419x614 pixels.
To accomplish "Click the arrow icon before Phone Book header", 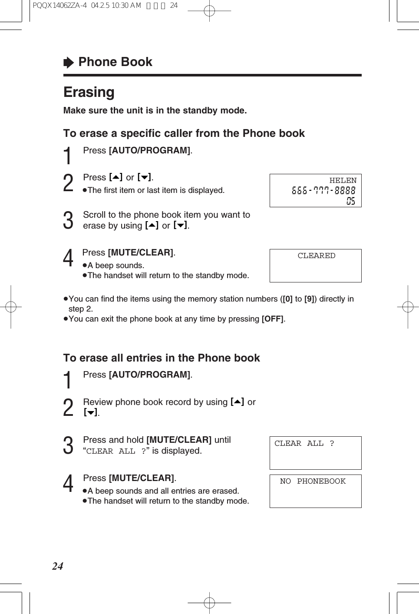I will (69, 63).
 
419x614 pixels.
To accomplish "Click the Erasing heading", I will (89, 92).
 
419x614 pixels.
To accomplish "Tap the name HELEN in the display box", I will (343, 180).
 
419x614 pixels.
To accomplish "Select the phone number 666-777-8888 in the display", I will (323, 190).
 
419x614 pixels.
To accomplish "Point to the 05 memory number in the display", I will (350, 201).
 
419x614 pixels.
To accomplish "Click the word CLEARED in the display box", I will (316, 256).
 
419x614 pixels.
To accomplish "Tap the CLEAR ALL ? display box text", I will (304, 443).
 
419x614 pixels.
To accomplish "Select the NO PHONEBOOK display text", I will (313, 481).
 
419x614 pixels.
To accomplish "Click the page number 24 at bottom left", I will (58, 566).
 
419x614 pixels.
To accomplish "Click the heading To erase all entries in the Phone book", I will (162, 358).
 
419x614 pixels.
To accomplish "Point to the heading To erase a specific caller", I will (184, 133).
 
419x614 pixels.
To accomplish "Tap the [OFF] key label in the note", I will (273, 319).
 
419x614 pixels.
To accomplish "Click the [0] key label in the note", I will (287, 299).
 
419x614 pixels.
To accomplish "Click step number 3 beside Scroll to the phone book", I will (68, 220).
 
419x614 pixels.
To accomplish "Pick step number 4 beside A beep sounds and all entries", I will (68, 484).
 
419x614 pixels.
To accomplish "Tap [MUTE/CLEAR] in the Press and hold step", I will (179, 440).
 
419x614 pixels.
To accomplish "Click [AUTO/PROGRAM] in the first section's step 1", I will (150, 150).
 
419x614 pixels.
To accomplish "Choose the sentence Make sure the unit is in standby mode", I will (155, 110).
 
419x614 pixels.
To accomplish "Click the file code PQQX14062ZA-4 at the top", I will (59, 6).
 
